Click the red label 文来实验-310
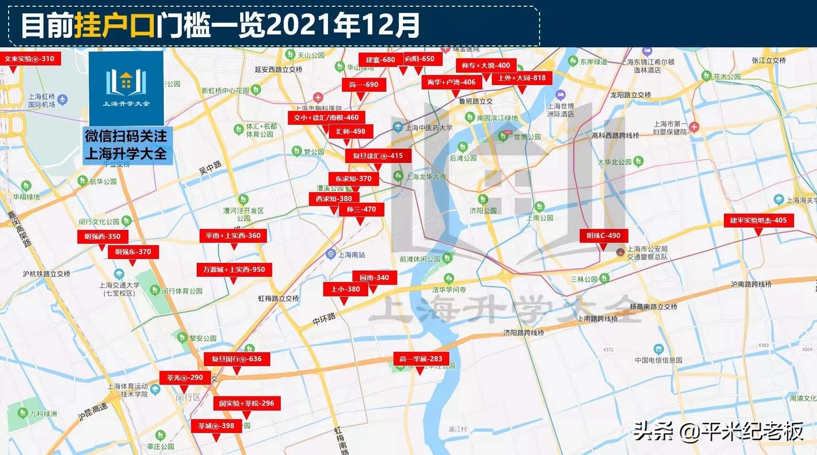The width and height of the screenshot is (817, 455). click(x=30, y=59)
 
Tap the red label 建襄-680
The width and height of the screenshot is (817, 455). click(x=381, y=60)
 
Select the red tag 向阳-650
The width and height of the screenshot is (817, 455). click(x=421, y=59)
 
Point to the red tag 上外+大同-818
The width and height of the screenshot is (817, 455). click(x=522, y=78)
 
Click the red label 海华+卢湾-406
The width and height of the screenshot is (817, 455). click(x=451, y=82)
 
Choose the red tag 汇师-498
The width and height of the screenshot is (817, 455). click(x=350, y=131)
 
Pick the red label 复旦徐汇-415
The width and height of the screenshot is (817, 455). click(x=378, y=156)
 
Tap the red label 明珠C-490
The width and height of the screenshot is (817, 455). click(x=604, y=236)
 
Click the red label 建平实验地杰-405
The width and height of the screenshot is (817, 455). click(x=758, y=220)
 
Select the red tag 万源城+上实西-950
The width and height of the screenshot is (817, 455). click(x=234, y=270)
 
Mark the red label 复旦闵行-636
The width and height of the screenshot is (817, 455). click(x=237, y=359)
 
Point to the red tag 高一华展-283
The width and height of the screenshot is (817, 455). click(x=421, y=359)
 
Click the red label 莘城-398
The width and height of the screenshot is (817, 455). click(x=216, y=426)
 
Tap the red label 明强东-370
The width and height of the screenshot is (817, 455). click(x=133, y=252)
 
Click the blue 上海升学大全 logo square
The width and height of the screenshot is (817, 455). click(x=126, y=88)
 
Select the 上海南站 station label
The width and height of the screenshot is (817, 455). click(x=351, y=255)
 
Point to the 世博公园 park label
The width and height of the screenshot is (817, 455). click(x=527, y=137)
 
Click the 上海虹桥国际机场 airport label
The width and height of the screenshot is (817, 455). click(x=42, y=100)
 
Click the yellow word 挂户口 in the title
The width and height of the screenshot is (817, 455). click(x=115, y=25)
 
